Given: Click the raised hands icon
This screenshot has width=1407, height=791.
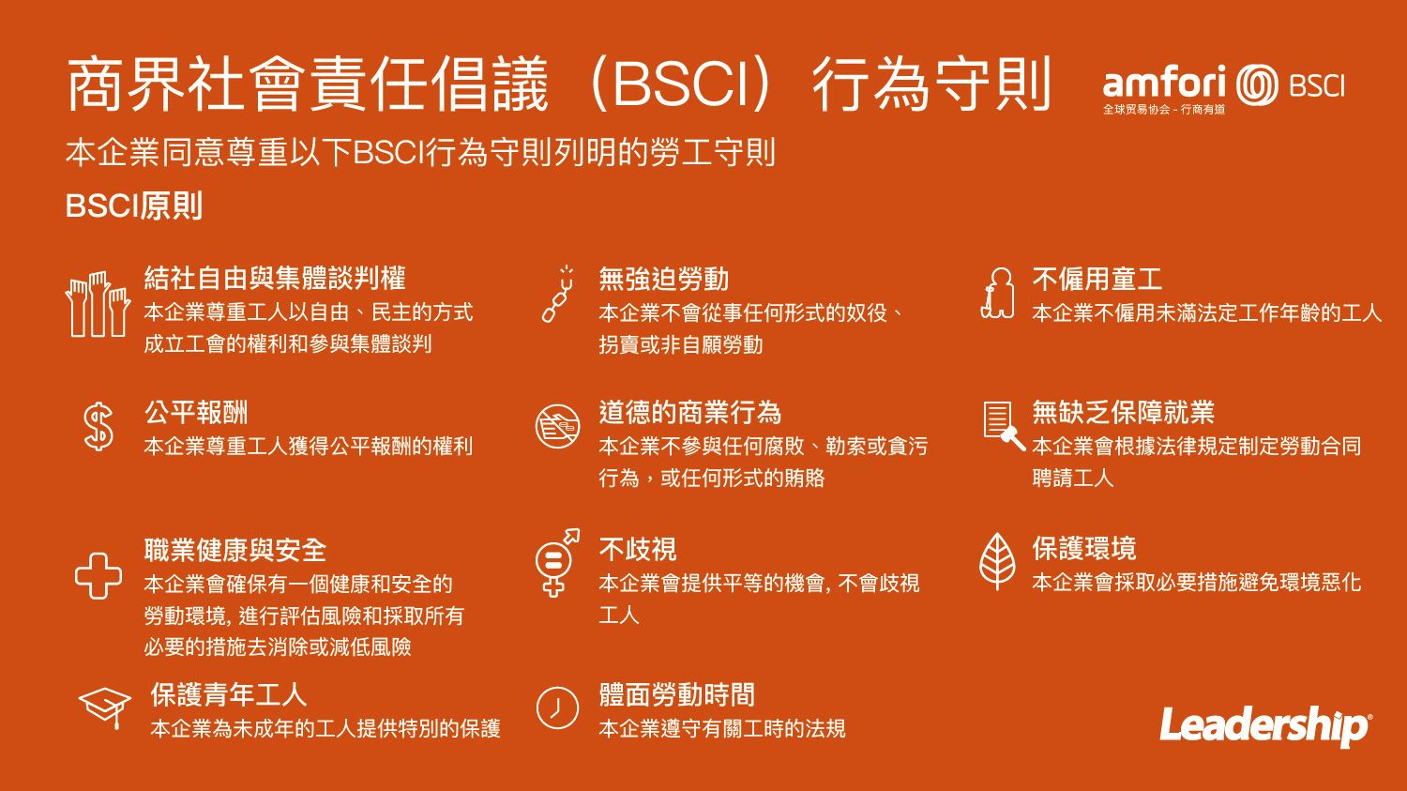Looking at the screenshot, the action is click(98, 304).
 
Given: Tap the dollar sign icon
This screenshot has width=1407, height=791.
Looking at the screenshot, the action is click(98, 427).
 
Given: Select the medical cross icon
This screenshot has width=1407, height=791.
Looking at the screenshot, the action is click(98, 575).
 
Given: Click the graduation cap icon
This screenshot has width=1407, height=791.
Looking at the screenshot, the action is click(105, 707).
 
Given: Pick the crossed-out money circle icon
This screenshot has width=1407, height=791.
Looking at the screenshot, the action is click(557, 427).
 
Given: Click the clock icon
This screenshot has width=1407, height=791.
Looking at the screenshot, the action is click(557, 708).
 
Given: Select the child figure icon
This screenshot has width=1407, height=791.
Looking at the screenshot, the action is click(997, 294).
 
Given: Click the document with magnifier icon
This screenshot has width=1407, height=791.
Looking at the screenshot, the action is click(1004, 425).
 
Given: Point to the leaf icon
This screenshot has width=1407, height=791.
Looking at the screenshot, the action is click(997, 561).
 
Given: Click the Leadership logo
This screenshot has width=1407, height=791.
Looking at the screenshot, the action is click(1265, 726).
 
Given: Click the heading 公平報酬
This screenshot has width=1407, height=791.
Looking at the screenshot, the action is click(196, 413).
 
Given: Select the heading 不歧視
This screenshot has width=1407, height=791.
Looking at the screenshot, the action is click(637, 550).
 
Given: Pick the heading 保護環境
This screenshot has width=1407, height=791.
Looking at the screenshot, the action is click(1084, 549).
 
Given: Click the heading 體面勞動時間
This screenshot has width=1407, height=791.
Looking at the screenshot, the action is click(676, 695).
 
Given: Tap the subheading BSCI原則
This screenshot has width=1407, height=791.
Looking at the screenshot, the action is click(134, 206).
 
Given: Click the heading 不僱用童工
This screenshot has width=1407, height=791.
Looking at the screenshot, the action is click(1097, 279).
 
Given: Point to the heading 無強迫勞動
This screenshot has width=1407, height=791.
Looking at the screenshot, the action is click(663, 279).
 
